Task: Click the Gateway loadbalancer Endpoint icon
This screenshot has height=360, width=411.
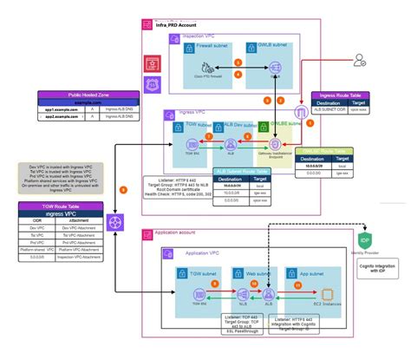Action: click(275, 140)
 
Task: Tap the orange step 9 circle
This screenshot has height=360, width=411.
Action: click(123, 188)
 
